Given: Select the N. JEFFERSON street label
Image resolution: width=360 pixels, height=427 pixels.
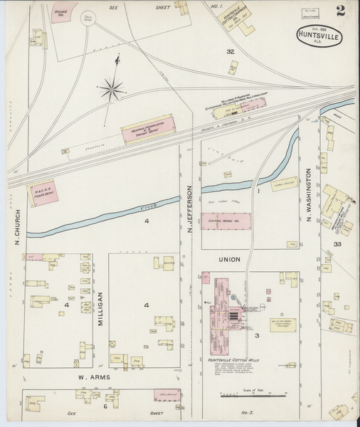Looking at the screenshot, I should pos(190,209).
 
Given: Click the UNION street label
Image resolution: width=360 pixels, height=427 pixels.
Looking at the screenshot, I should pos(229,259).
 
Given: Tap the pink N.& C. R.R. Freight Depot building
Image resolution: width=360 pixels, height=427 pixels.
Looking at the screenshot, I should pos(44,194).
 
